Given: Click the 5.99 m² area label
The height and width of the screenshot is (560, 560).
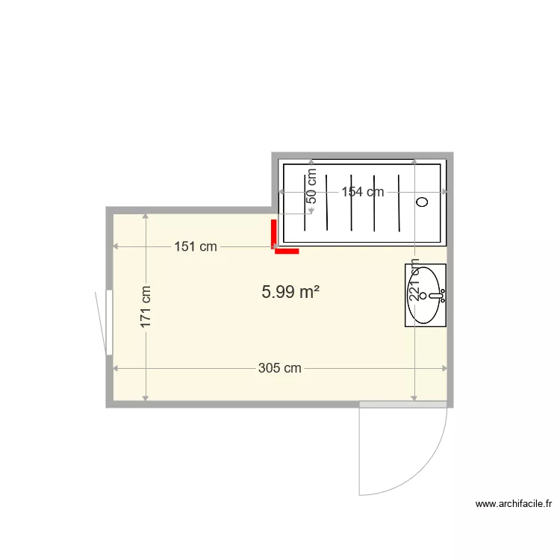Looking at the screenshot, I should click(x=290, y=293).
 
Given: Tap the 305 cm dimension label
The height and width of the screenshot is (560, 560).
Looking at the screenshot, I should click(x=280, y=368).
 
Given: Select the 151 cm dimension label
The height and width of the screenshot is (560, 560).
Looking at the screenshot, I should click(x=196, y=246).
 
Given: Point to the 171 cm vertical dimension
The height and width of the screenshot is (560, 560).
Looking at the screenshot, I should click(x=146, y=307).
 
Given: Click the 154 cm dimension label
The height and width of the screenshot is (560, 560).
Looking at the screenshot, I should click(x=363, y=192).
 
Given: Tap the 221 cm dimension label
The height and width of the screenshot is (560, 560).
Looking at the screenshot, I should click(x=414, y=284).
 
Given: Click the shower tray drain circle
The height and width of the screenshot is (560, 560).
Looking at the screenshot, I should click(x=422, y=202).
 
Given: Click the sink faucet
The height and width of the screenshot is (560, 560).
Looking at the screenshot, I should click(x=438, y=296).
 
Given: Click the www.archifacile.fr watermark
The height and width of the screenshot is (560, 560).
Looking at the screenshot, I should click(x=515, y=504).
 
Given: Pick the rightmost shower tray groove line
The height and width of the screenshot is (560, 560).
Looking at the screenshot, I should click(x=400, y=202).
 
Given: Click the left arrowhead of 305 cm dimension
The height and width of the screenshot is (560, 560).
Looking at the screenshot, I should click(x=115, y=368).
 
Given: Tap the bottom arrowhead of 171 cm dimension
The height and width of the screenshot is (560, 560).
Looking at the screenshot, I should click(x=146, y=396).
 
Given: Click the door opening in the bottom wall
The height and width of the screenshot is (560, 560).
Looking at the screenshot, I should click(x=403, y=404).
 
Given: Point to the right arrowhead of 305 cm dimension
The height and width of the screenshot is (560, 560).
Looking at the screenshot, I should click(x=444, y=368).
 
